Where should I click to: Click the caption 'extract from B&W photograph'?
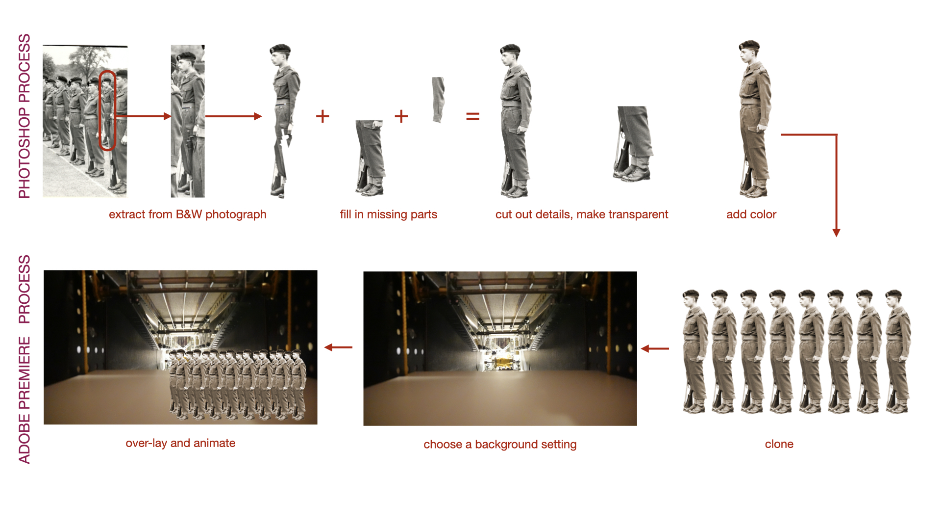pos(188,214)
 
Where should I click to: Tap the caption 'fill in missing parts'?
pos(389,214)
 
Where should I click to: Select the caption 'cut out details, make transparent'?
pos(582,214)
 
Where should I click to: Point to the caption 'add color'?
pos(751,214)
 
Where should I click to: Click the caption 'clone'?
pos(779,444)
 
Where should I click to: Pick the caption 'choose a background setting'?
pos(500,445)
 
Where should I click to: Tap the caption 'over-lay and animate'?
pos(180,443)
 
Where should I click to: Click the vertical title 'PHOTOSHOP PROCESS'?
pos(25,116)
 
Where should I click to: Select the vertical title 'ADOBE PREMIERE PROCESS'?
pos(25,359)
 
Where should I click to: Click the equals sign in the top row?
pos(472,116)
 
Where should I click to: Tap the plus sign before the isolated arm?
pos(401,116)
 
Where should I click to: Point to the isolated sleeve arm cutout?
pos(438,100)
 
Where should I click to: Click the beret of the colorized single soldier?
pos(749,46)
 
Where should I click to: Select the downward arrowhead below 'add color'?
pos(837,233)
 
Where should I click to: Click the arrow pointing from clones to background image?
pos(655,348)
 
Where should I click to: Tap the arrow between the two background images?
pos(339,347)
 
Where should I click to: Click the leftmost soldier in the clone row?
pos(695,351)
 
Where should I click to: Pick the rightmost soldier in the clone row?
pos(898,351)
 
